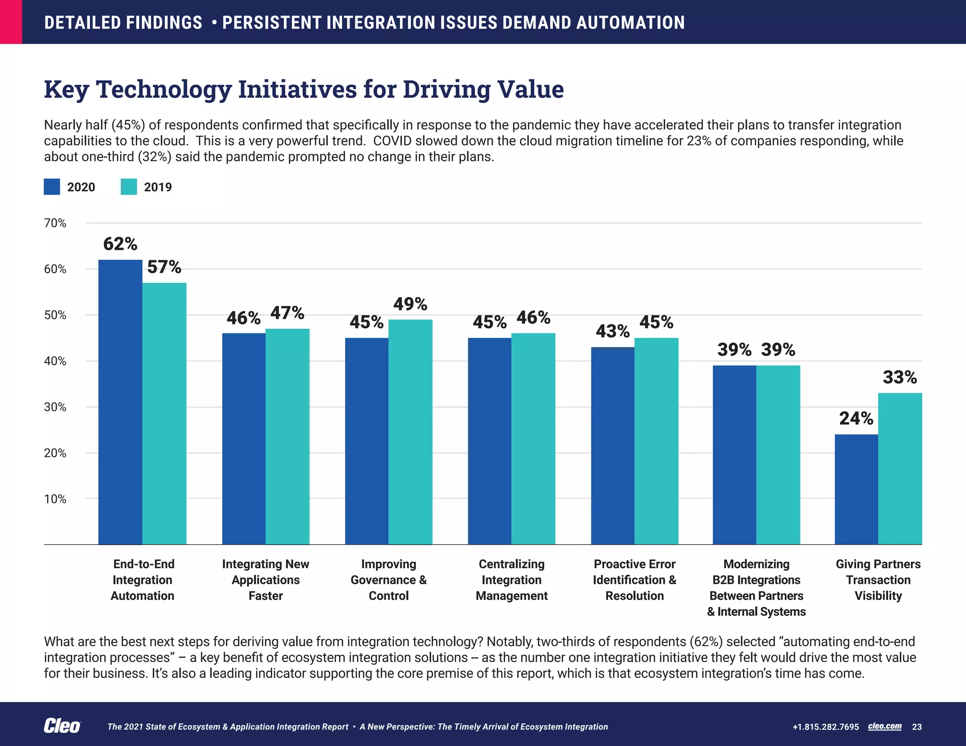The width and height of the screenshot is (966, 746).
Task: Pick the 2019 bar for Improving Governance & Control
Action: [x=410, y=432]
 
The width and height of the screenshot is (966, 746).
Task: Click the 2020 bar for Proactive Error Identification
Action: [x=612, y=446]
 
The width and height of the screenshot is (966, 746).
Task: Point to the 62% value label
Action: [x=120, y=244]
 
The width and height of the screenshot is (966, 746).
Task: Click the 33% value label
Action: [x=899, y=377]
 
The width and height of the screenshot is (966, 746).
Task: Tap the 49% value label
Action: [x=410, y=304]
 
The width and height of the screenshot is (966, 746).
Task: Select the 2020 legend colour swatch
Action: [x=52, y=187]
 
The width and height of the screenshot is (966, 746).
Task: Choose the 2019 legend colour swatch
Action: [x=129, y=187]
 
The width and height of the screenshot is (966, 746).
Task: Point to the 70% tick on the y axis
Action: [x=55, y=223]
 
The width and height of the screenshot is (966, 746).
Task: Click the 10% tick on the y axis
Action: [x=55, y=499]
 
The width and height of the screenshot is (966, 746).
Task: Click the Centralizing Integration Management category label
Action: [x=511, y=580]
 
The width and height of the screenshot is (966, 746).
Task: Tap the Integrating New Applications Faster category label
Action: [x=266, y=580]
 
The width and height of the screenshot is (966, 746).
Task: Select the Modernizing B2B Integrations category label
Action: [x=756, y=588]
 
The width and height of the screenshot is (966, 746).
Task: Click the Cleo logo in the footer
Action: [x=62, y=726]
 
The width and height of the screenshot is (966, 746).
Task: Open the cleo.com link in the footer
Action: [x=884, y=726]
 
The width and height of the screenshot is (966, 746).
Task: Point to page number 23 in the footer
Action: [x=916, y=727]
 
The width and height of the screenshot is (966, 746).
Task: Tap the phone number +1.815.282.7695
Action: [x=825, y=727]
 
